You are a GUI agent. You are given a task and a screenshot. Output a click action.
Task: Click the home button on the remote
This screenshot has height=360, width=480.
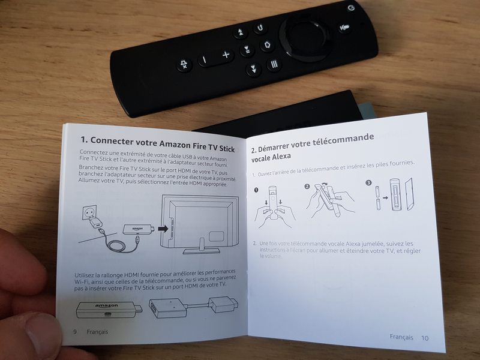tap(267, 45)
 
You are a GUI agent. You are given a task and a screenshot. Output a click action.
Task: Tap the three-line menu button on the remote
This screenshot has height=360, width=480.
tap(274, 64)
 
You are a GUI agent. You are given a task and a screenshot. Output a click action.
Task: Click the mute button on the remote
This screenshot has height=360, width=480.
tap(184, 65)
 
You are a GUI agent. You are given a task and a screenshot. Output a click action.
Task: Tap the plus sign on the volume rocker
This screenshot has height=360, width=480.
tap(226, 56)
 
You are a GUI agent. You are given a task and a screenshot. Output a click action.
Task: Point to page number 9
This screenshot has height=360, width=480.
tap(75, 331)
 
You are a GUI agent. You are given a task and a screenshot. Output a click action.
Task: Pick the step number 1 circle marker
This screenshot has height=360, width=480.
tap(256, 190)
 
